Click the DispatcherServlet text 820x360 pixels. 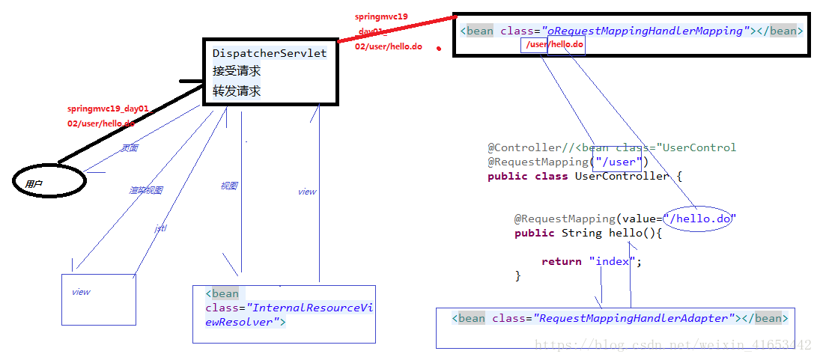(270, 53)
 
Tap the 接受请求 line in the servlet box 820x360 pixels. (237, 72)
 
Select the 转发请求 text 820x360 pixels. (237, 91)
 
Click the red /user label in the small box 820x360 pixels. (535, 45)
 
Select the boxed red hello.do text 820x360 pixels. (567, 45)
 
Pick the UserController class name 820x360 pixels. (622, 176)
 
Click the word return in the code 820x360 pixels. (562, 261)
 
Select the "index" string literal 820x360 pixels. (612, 261)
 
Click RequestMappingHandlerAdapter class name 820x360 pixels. (633, 318)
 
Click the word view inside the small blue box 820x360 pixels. (81, 292)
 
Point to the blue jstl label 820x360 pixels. (160, 228)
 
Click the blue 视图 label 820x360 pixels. (229, 186)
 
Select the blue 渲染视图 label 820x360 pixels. (145, 190)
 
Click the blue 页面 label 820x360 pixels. (130, 148)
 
